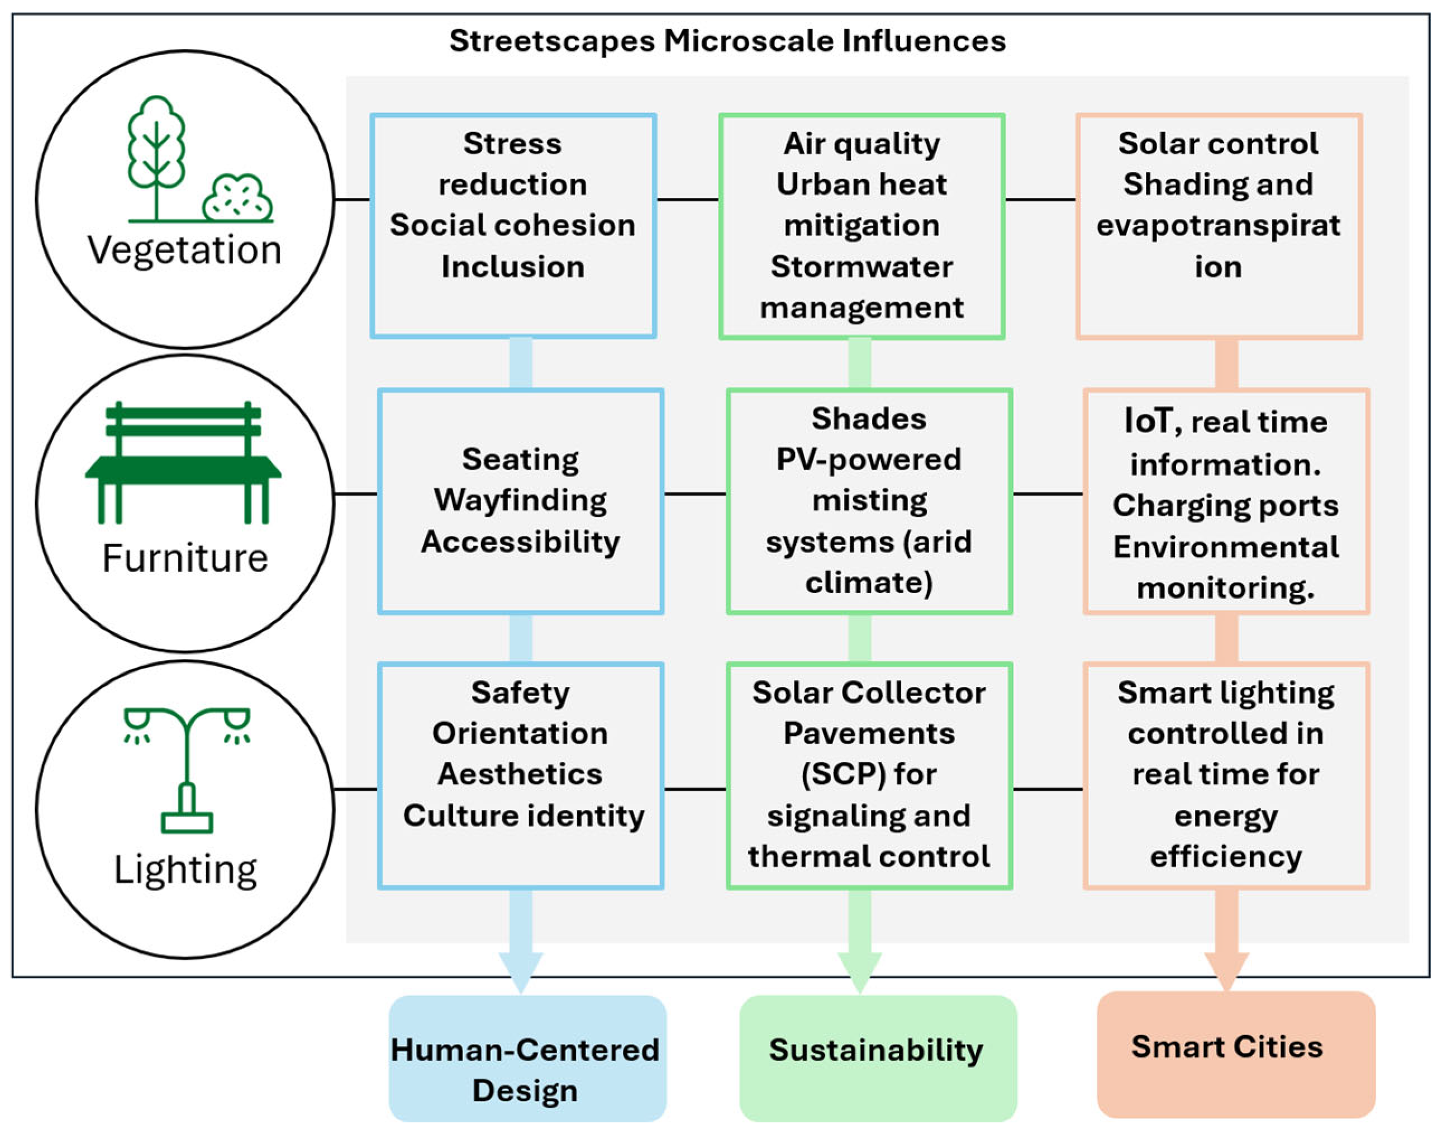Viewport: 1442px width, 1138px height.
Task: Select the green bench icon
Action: pos(183,463)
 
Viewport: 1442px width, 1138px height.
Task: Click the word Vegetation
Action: pos(184,250)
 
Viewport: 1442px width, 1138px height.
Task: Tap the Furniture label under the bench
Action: pos(184,558)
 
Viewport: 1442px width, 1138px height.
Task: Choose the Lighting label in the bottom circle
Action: pos(185,870)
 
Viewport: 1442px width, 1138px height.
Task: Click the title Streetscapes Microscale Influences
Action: pos(727,41)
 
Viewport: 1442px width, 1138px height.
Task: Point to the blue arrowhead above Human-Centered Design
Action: pos(521,971)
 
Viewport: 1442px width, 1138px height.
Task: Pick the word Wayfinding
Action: pos(520,501)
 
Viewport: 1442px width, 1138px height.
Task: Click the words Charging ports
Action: pos(1226,506)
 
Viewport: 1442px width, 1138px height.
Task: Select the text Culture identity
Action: pos(524,816)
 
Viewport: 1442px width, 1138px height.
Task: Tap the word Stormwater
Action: pos(861,267)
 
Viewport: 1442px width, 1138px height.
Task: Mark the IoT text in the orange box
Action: pos(1147,420)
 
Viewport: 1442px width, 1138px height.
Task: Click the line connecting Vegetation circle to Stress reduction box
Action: pos(351,199)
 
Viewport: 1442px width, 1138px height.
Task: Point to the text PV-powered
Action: pos(869,460)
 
